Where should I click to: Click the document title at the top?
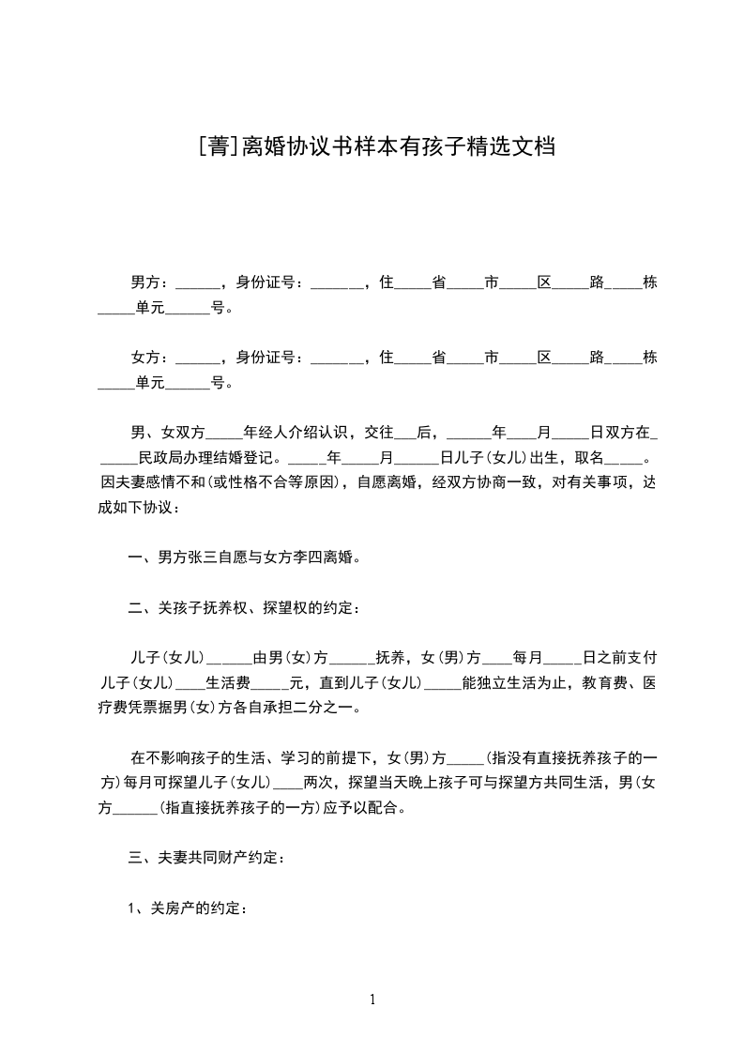point(372,147)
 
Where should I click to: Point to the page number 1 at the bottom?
point(372,1000)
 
